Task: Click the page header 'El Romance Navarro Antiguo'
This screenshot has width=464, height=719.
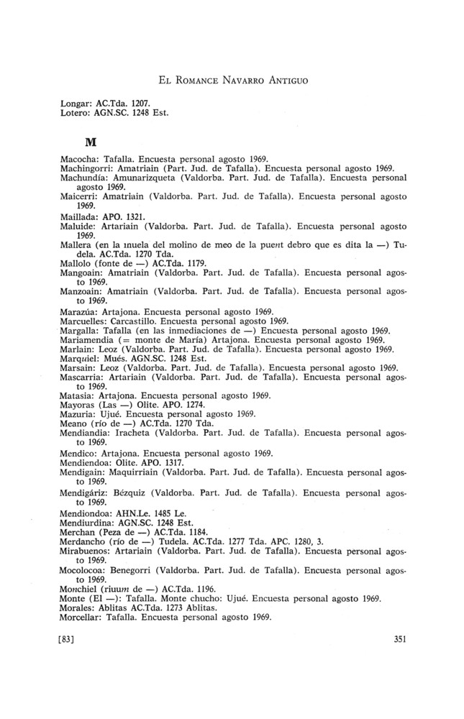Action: [232, 81]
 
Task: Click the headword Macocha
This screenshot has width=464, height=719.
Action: [80, 157]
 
